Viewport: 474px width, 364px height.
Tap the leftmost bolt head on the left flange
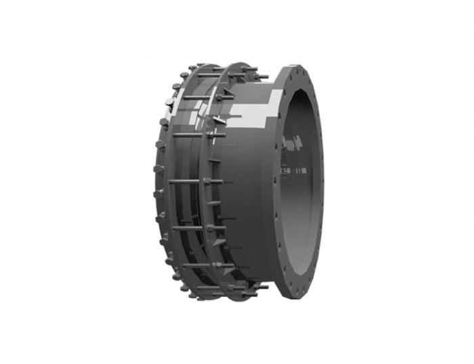[x=150, y=179]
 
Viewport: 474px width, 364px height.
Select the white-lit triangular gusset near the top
[x=218, y=120]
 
